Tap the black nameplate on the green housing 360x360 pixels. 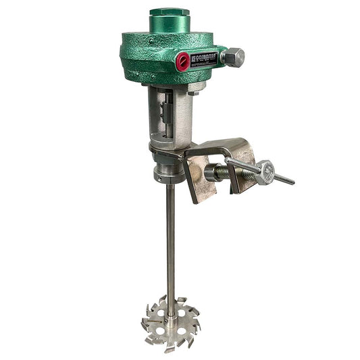[209, 59]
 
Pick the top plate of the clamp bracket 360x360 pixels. [216, 145]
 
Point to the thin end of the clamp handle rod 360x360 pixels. [289, 181]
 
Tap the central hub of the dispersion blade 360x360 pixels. [170, 311]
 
